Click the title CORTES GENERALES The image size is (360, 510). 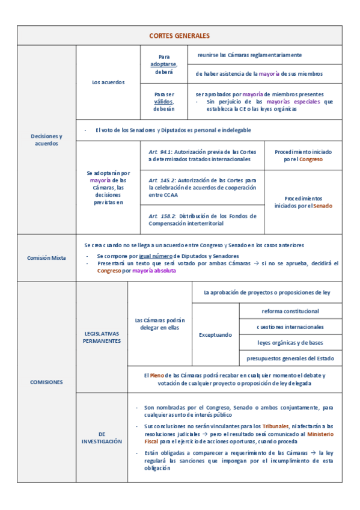180,36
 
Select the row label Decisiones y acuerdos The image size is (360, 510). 46,140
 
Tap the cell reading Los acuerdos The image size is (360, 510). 108,82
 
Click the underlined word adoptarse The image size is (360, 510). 164,64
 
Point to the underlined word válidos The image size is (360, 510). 163,102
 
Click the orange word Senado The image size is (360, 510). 323,206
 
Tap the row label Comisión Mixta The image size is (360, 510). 46,257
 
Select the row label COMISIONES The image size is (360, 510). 46,382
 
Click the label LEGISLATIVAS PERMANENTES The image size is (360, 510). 102,337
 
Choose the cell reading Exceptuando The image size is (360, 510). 215,334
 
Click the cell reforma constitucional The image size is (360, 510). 290,311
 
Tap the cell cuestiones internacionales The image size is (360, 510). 290,327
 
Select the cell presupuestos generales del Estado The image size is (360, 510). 290,358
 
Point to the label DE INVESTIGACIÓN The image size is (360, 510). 102,437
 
